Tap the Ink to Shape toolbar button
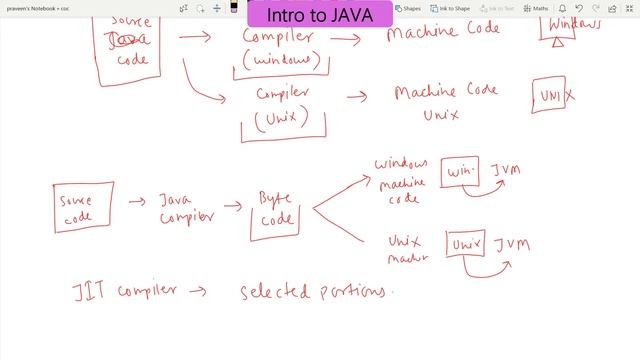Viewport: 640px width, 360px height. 452,8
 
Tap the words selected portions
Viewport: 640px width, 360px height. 312,292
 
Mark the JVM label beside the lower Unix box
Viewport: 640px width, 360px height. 511,244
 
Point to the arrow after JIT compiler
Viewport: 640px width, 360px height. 196,292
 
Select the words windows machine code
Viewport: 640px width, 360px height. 401,179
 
